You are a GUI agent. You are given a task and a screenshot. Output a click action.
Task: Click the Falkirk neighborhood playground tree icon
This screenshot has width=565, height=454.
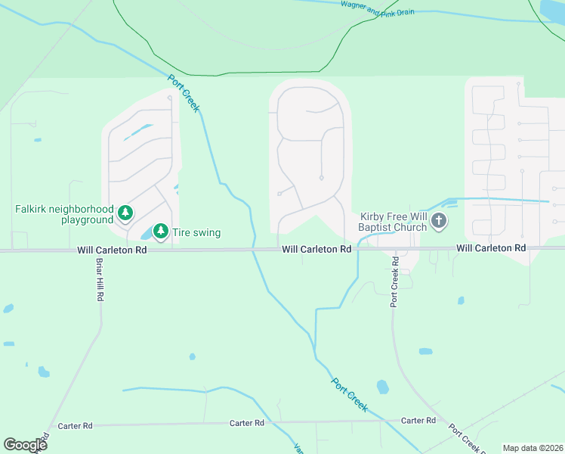125,214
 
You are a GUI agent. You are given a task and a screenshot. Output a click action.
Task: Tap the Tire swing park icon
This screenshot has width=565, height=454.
160,232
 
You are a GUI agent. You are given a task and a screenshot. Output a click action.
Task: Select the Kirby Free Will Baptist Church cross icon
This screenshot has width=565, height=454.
437,221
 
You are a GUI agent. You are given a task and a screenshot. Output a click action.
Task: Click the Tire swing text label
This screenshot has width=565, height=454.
196,232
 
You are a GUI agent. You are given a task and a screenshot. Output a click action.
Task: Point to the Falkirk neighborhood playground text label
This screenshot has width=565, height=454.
64,214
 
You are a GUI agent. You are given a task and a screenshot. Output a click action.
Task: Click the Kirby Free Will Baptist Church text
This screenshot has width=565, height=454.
393,221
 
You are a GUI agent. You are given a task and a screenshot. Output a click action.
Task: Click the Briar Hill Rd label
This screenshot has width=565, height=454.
99,280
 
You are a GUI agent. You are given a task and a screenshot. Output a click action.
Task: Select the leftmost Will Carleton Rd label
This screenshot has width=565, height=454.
112,249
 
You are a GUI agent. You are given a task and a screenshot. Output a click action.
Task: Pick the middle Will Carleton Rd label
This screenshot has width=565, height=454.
317,249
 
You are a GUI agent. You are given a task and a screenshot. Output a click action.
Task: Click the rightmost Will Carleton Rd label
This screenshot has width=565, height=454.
491,248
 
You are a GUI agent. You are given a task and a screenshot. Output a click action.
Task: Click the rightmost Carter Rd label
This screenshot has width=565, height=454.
418,420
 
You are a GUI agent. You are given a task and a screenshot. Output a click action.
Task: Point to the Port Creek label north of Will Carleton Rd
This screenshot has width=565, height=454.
184,93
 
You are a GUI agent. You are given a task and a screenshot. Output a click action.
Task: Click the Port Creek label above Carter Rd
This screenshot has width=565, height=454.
350,393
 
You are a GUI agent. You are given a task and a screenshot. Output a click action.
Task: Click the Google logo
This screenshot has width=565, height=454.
25,445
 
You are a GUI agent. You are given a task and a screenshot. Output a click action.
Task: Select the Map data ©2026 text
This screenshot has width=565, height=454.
533,448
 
